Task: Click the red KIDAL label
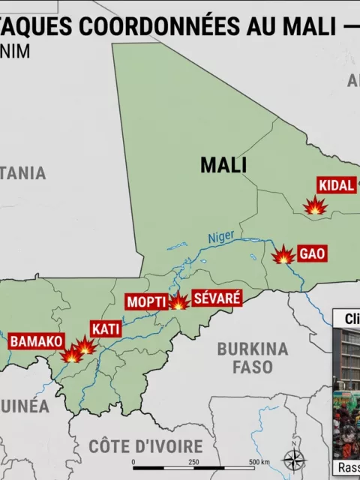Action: tap(336, 185)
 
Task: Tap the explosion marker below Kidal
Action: tap(316, 205)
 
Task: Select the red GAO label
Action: tap(312, 253)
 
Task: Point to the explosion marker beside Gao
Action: tap(283, 256)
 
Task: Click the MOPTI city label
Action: tap(145, 302)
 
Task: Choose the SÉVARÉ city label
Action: tap(217, 298)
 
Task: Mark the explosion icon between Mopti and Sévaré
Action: tap(178, 301)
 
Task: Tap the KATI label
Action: tap(105, 328)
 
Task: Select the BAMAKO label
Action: tap(36, 341)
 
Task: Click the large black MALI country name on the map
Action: tap(223, 165)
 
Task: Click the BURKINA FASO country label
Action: tap(252, 358)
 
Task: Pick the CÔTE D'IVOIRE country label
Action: tap(145, 445)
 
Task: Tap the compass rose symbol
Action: tap(293, 458)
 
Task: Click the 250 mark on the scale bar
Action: tap(193, 462)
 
